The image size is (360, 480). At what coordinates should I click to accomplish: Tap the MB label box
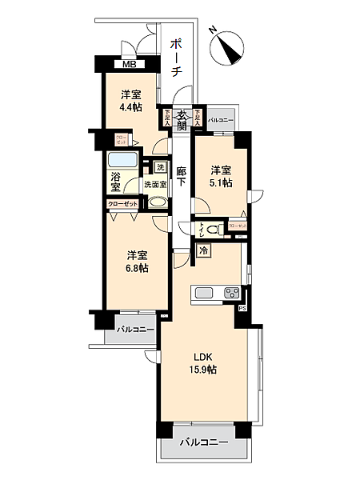(x=128, y=66)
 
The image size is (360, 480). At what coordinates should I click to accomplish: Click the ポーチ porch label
(x=176, y=58)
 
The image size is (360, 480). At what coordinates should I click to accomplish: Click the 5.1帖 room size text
(x=222, y=182)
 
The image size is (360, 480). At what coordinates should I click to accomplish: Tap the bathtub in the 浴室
(x=126, y=158)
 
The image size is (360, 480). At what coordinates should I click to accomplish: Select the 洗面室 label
(x=155, y=185)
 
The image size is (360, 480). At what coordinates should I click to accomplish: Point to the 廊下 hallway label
(x=182, y=176)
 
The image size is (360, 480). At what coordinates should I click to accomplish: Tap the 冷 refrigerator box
(x=204, y=250)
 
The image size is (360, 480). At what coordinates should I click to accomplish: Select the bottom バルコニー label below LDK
(x=203, y=442)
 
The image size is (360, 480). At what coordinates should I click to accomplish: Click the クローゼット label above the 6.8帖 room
(x=123, y=204)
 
